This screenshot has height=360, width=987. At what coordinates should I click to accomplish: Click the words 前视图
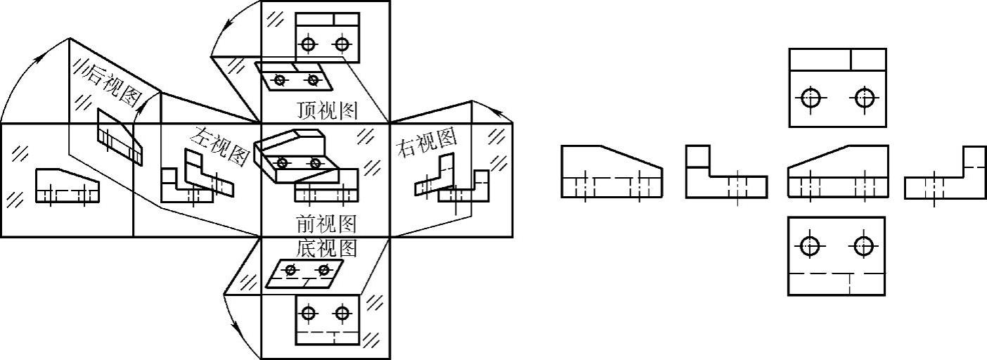(326, 224)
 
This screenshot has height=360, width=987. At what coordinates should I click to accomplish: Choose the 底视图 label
(326, 248)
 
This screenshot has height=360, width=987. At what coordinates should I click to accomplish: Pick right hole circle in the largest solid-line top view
(864, 98)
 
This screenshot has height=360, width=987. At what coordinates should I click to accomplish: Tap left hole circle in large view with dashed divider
(811, 245)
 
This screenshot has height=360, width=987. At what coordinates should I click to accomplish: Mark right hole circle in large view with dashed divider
(863, 245)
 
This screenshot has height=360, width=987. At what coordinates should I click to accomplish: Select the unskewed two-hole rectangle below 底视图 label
(328, 319)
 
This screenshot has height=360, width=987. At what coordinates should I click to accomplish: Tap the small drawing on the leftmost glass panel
(67, 186)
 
